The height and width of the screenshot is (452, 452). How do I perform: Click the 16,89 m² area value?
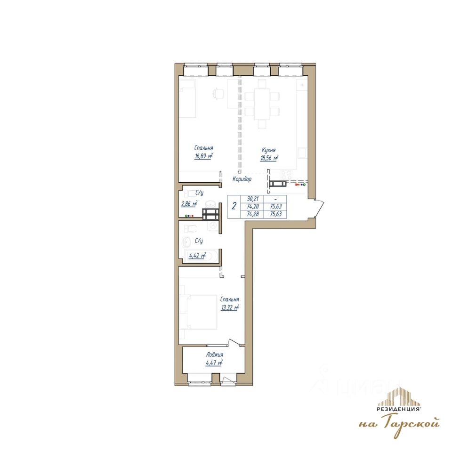tap(203, 156)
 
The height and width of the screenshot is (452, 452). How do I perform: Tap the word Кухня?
tap(268, 150)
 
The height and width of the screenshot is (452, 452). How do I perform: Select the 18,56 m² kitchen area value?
tap(269, 158)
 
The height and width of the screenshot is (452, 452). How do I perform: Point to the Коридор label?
tap(242, 179)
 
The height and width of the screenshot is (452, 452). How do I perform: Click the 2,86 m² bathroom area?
tap(189, 204)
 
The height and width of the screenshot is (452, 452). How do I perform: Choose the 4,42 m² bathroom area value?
tap(197, 255)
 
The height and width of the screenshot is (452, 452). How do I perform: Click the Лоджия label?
tap(215, 355)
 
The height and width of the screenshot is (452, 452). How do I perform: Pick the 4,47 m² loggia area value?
tap(214, 363)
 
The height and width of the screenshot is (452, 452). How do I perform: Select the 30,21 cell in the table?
tap(253, 199)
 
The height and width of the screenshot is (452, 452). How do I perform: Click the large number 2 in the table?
tap(234, 206)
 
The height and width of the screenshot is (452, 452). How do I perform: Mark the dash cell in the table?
tap(275, 199)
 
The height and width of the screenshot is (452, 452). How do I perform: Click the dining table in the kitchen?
tap(262, 104)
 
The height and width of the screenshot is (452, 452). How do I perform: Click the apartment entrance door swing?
tap(319, 208)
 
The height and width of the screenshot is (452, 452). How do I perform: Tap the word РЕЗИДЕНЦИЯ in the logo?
tap(398, 409)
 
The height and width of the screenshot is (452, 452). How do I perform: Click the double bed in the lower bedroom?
tap(198, 312)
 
